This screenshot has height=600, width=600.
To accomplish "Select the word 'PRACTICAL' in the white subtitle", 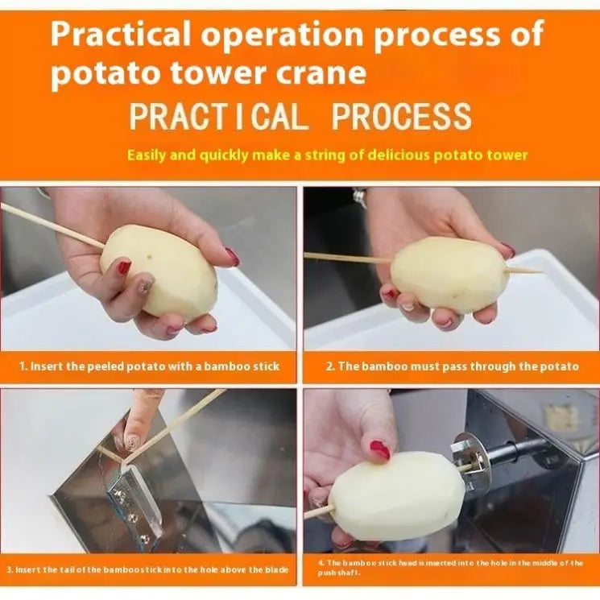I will [x=218, y=117].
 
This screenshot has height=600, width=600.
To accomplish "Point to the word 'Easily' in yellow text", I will [x=150, y=155].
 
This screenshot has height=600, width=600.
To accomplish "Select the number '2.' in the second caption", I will [x=330, y=366].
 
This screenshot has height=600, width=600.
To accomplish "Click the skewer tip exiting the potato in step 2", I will [x=532, y=271].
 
